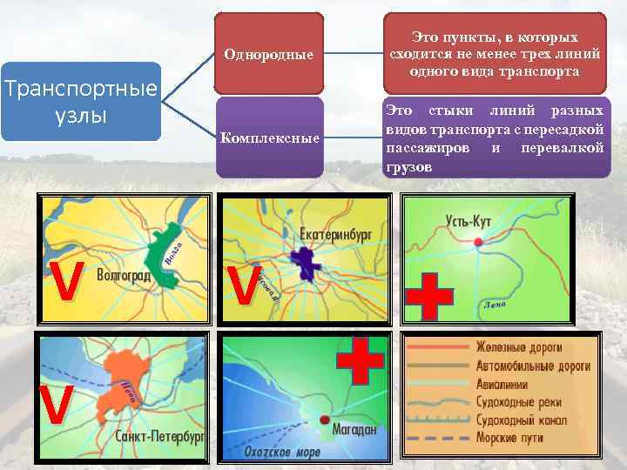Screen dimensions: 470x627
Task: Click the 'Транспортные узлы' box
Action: click(81, 102)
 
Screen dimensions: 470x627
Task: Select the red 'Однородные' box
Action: click(268, 54)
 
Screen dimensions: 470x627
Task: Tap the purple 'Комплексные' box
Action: click(268, 138)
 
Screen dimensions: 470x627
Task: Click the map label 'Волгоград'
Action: click(124, 277)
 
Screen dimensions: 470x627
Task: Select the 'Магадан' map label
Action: click(354, 429)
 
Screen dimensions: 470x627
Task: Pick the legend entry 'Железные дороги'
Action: click(518, 346)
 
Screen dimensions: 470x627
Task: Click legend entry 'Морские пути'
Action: click(509, 439)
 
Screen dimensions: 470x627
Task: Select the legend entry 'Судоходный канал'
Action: click(522, 420)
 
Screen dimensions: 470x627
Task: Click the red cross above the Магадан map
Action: click(360, 359)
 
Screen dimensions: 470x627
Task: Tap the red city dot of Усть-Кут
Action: click(478, 241)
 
